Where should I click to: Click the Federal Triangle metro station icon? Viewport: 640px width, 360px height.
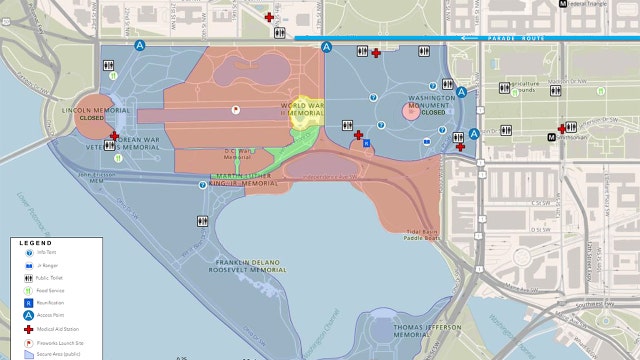(x=566, y=4)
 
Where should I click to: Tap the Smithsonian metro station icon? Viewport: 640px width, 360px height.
(x=552, y=136)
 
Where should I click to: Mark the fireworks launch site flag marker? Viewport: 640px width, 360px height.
(x=236, y=108)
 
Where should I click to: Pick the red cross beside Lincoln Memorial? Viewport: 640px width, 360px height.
(x=114, y=136)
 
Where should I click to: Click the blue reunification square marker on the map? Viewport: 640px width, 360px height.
(x=366, y=143)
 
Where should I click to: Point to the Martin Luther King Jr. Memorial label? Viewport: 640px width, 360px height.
(x=246, y=182)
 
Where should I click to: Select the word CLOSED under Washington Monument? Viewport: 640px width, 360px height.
(x=433, y=112)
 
